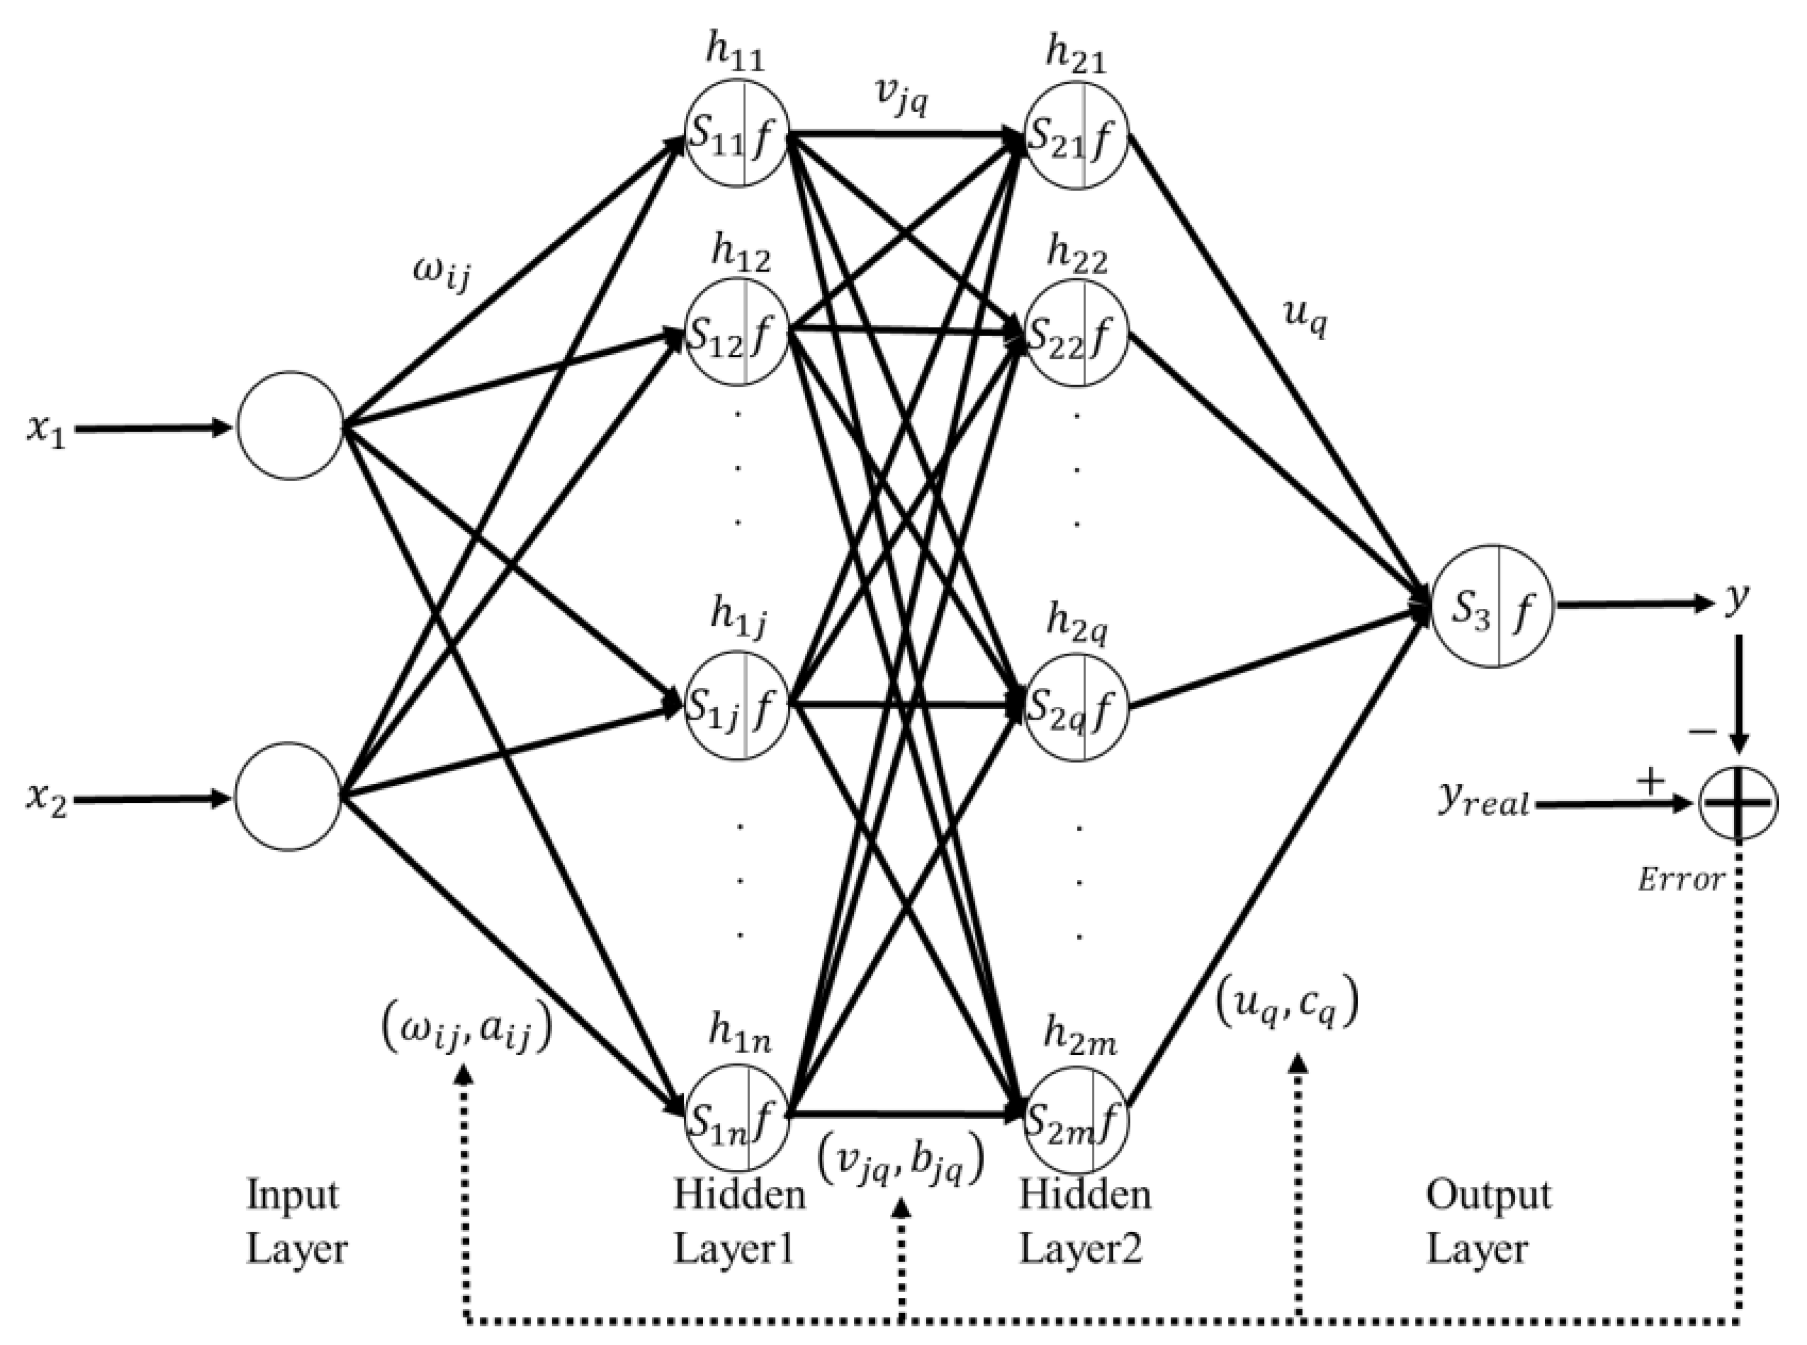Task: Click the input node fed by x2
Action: click(288, 797)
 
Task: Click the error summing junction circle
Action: click(1738, 803)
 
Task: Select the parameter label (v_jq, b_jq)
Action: click(900, 1160)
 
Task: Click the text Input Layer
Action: click(294, 1221)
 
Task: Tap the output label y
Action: click(1736, 599)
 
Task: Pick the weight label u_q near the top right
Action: click(1305, 320)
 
